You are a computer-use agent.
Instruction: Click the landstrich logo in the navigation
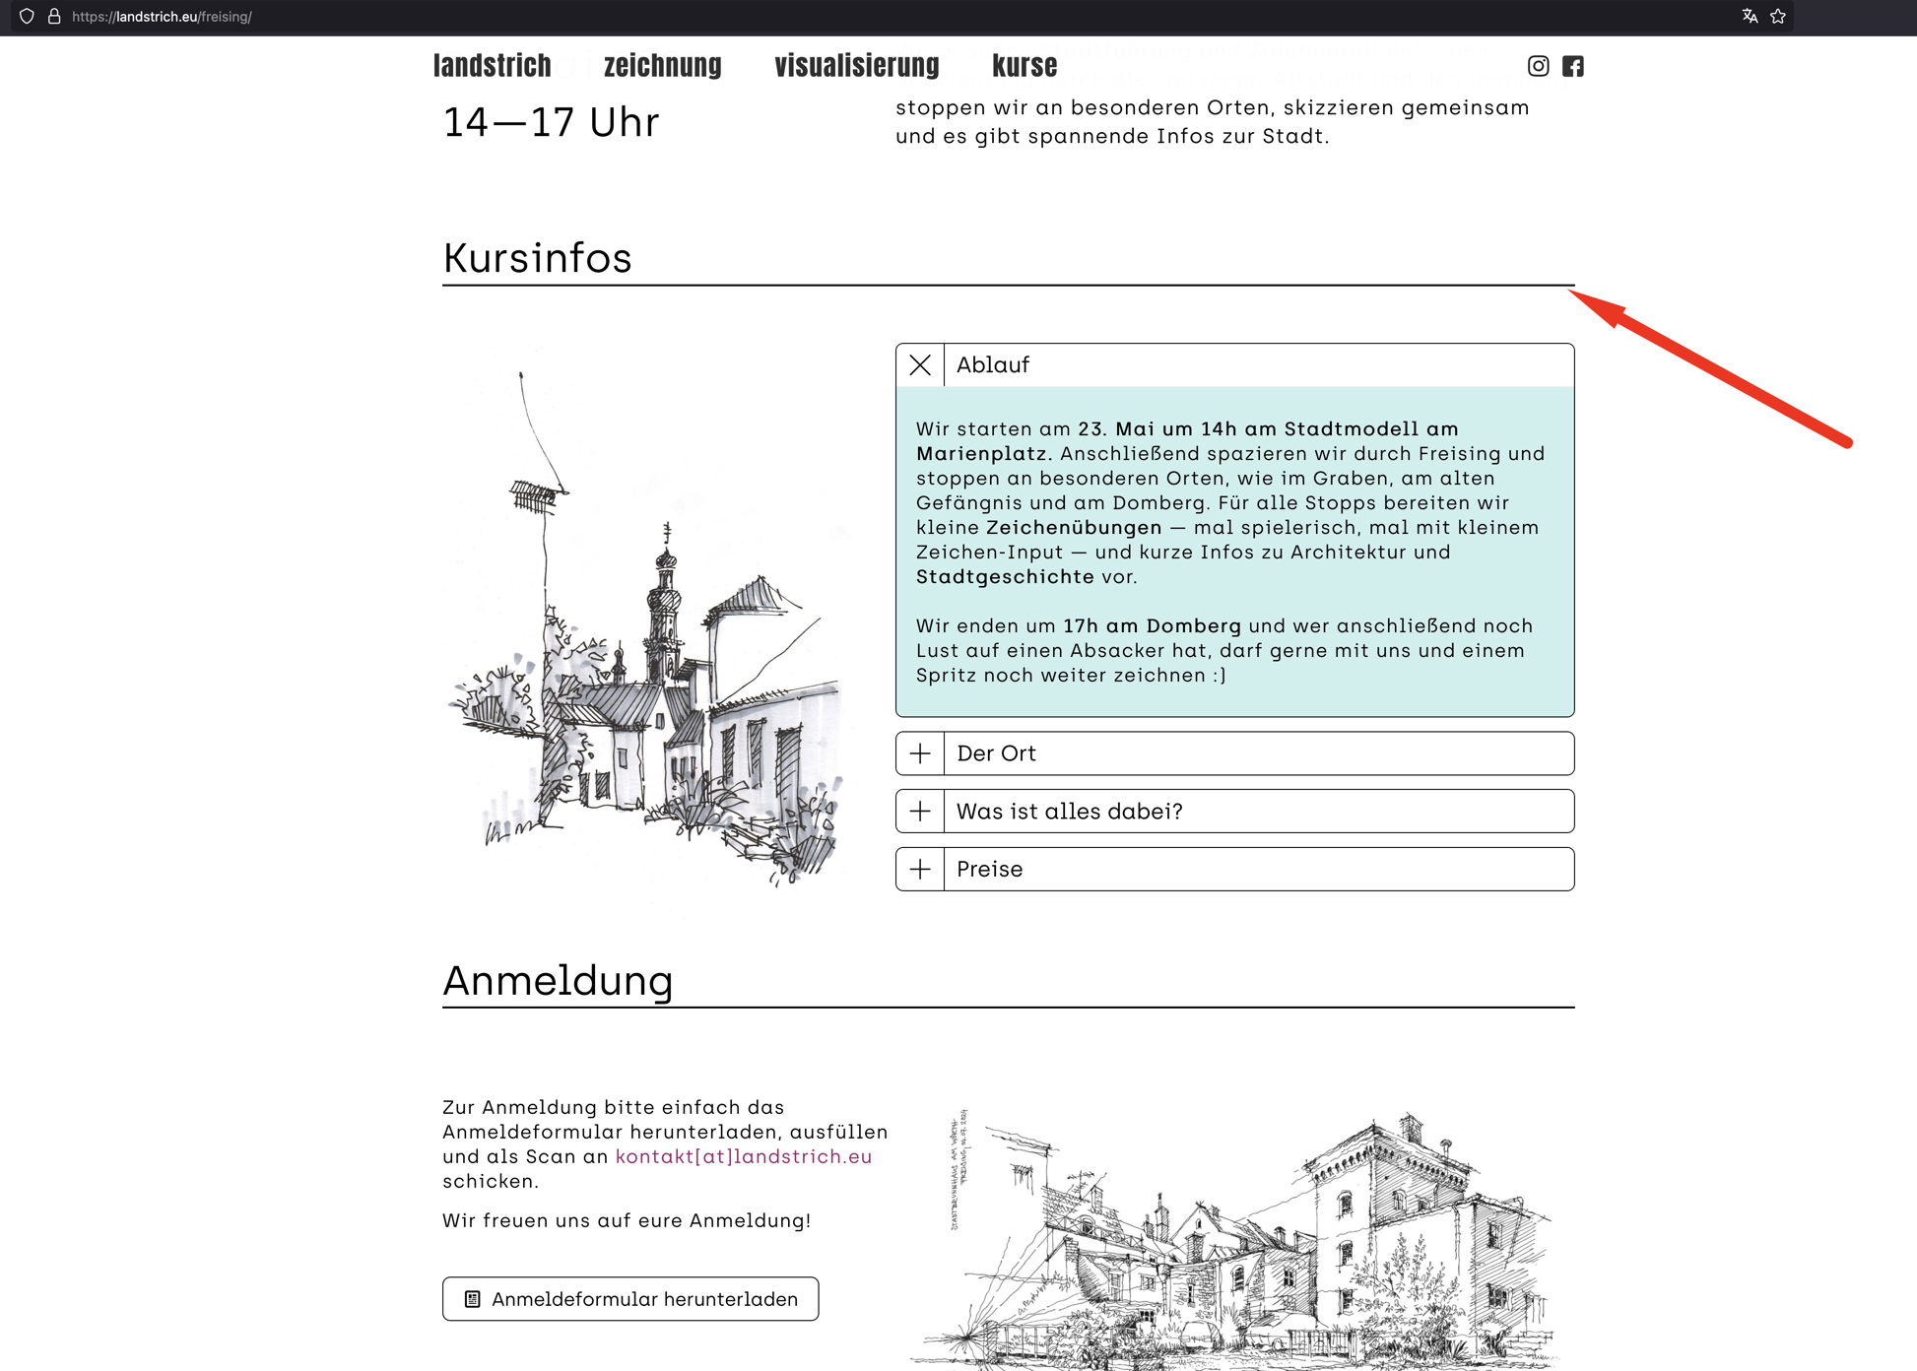pyautogui.click(x=492, y=66)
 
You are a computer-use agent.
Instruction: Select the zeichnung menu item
pyautogui.click(x=662, y=66)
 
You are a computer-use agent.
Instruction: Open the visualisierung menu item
pyautogui.click(x=856, y=66)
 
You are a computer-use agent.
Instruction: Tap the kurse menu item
pyautogui.click(x=1024, y=66)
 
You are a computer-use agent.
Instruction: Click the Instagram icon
pyautogui.click(x=1538, y=66)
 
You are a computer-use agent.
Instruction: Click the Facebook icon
pyautogui.click(x=1573, y=66)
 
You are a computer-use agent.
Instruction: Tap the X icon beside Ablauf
pyautogui.click(x=920, y=365)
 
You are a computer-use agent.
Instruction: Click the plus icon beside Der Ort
pyautogui.click(x=920, y=753)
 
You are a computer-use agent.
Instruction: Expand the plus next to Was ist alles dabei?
pyautogui.click(x=920, y=812)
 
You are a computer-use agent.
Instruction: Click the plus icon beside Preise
pyautogui.click(x=920, y=870)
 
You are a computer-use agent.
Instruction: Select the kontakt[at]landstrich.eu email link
pyautogui.click(x=744, y=1156)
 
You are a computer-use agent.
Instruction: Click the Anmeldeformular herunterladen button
pyautogui.click(x=630, y=1299)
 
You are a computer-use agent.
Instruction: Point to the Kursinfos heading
pyautogui.click(x=537, y=258)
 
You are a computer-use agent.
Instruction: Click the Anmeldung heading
pyautogui.click(x=558, y=981)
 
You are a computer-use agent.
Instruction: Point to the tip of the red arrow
pyautogui.click(x=1572, y=292)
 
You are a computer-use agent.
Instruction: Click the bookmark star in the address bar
pyautogui.click(x=1778, y=16)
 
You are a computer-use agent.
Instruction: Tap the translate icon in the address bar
pyautogui.click(x=1750, y=16)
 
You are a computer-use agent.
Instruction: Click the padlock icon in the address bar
pyautogui.click(x=54, y=16)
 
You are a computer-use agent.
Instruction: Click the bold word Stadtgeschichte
pyautogui.click(x=1005, y=577)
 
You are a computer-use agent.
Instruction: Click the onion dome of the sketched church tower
pyautogui.click(x=666, y=563)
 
